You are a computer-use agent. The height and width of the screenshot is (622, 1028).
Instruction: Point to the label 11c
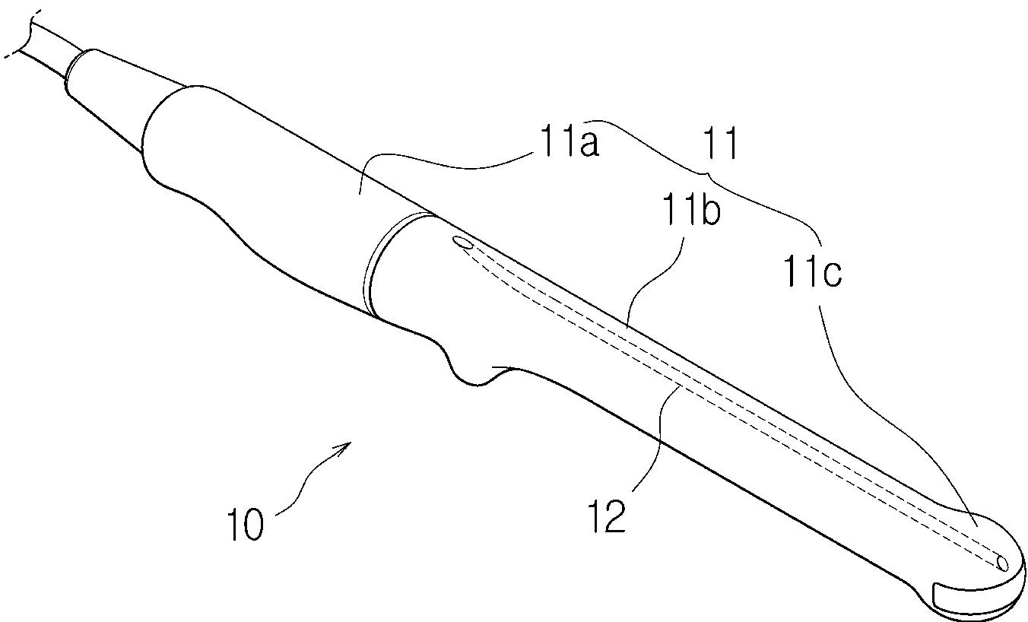(x=811, y=271)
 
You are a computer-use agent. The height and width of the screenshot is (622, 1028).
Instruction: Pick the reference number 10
(x=244, y=524)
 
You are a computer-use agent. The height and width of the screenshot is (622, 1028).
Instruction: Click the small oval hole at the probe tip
(x=1002, y=563)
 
